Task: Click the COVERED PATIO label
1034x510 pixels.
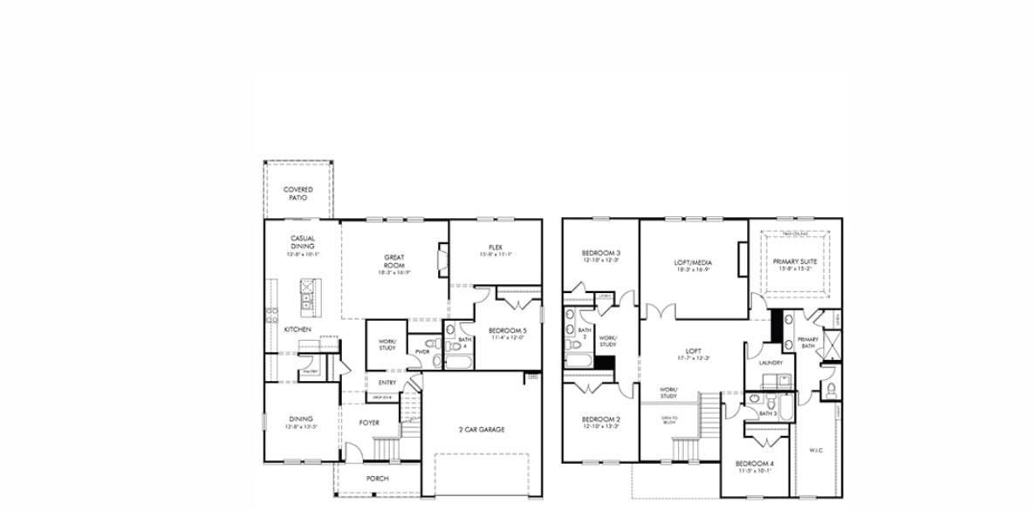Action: click(298, 194)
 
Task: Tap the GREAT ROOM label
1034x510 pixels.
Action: click(394, 261)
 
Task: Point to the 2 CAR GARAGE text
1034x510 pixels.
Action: click(482, 429)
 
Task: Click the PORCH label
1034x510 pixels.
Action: click(377, 479)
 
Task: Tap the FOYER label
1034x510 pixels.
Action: click(369, 423)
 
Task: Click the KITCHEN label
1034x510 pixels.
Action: click(298, 330)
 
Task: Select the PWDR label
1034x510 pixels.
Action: click(422, 352)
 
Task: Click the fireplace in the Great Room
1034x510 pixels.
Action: click(442, 260)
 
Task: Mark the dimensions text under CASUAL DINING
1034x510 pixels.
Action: click(303, 254)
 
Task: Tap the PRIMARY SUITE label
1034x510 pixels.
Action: click(791, 261)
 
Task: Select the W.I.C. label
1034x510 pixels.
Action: click(816, 451)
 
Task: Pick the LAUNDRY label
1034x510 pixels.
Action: click(770, 363)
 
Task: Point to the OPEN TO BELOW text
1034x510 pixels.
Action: click(669, 420)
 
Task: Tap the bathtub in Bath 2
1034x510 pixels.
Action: click(577, 360)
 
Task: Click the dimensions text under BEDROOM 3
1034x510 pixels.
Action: click(600, 260)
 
